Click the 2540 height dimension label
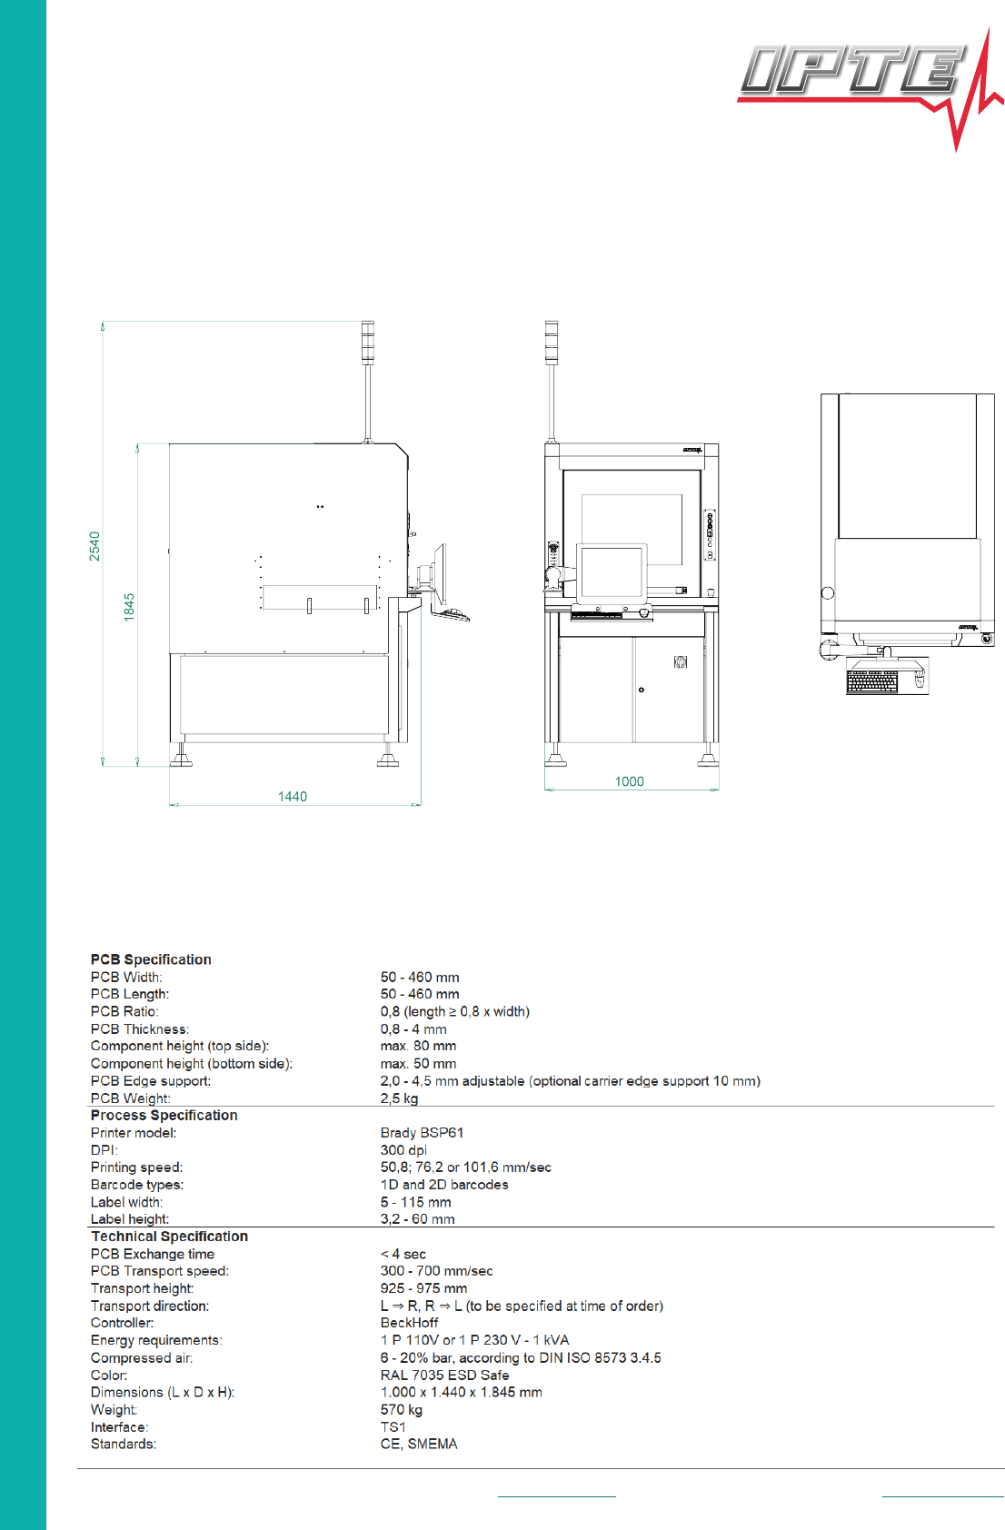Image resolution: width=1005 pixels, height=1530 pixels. (x=95, y=546)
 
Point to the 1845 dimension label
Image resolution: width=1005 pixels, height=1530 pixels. (x=129, y=607)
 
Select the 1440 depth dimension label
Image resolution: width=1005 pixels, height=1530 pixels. (x=293, y=797)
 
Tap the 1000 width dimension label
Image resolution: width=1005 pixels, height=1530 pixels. (x=629, y=781)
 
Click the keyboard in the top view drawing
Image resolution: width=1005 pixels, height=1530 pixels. (x=872, y=681)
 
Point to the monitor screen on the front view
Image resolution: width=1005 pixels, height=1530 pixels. (x=612, y=572)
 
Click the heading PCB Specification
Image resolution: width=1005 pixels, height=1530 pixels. (x=151, y=959)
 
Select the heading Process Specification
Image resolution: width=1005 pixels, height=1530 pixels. (x=164, y=1115)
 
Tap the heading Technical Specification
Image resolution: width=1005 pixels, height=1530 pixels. (x=169, y=1237)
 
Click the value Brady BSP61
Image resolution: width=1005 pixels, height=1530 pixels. (x=422, y=1133)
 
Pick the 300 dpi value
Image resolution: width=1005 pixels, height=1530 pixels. (x=403, y=1150)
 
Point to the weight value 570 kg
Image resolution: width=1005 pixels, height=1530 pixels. (x=402, y=1410)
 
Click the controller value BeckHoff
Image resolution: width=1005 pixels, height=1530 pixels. (x=409, y=1323)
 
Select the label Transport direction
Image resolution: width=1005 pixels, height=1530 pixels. (x=150, y=1306)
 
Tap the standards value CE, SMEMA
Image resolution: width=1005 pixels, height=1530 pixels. (x=419, y=1444)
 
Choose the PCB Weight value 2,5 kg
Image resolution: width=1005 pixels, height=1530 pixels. (x=399, y=1098)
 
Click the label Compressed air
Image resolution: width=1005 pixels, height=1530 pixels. (x=142, y=1358)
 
